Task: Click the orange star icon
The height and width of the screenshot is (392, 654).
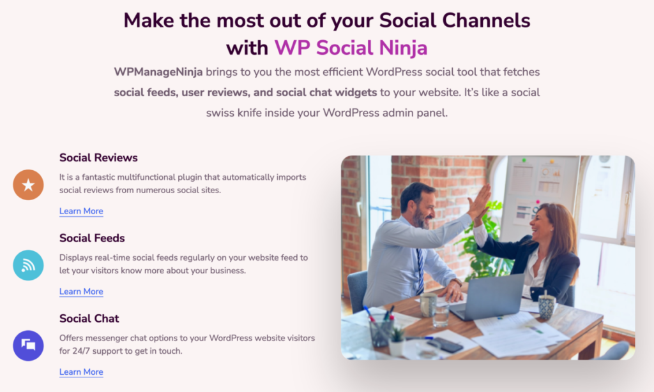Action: pyautogui.click(x=28, y=185)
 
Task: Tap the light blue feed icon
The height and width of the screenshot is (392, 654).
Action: pyautogui.click(x=28, y=265)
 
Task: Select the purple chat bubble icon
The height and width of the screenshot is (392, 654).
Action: pyautogui.click(x=28, y=345)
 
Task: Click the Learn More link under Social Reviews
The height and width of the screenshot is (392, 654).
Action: pyautogui.click(x=81, y=211)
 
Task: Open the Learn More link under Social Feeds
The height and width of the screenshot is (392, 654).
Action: pyautogui.click(x=81, y=291)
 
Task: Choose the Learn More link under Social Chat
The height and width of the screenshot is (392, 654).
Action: pyautogui.click(x=81, y=372)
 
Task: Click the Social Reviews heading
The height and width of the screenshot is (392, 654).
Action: pyautogui.click(x=98, y=157)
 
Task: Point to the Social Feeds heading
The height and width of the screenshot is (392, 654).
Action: pyautogui.click(x=92, y=238)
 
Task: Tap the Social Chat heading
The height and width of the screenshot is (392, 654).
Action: pyautogui.click(x=89, y=318)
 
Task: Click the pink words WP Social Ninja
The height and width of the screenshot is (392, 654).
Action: pyautogui.click(x=351, y=47)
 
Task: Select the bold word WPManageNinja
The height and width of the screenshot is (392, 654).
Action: pyautogui.click(x=158, y=72)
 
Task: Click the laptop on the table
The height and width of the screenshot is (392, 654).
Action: pyautogui.click(x=488, y=296)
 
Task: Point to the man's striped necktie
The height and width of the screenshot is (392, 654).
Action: pyautogui.click(x=420, y=270)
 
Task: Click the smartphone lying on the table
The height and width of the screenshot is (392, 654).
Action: pyautogui.click(x=445, y=345)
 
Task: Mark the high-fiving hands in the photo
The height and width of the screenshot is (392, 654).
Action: pyautogui.click(x=480, y=203)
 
